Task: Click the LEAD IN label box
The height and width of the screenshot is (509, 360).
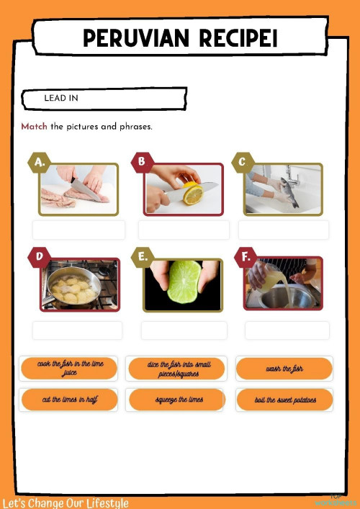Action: click(104, 98)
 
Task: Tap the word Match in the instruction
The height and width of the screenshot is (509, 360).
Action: click(34, 127)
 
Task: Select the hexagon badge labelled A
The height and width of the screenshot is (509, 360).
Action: click(39, 163)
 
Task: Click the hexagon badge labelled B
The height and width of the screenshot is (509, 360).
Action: click(141, 162)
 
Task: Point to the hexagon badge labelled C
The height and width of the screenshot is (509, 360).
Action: click(242, 163)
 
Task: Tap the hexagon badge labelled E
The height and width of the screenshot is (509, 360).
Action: click(142, 256)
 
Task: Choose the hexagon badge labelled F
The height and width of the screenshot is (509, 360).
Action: click(246, 256)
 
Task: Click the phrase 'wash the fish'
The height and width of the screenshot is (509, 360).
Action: click(284, 369)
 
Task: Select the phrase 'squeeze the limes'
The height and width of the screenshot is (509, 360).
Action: click(178, 400)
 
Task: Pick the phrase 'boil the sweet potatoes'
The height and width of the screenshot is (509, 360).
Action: click(284, 400)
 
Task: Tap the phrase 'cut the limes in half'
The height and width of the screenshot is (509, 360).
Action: click(69, 400)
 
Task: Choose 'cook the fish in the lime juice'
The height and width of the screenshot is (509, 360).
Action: click(69, 369)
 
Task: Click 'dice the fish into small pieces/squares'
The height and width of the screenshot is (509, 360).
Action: click(178, 369)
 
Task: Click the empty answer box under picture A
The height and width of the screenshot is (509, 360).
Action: click(78, 230)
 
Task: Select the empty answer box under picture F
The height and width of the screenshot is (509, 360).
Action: click(287, 330)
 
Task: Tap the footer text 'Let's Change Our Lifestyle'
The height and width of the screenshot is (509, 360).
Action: click(65, 503)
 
